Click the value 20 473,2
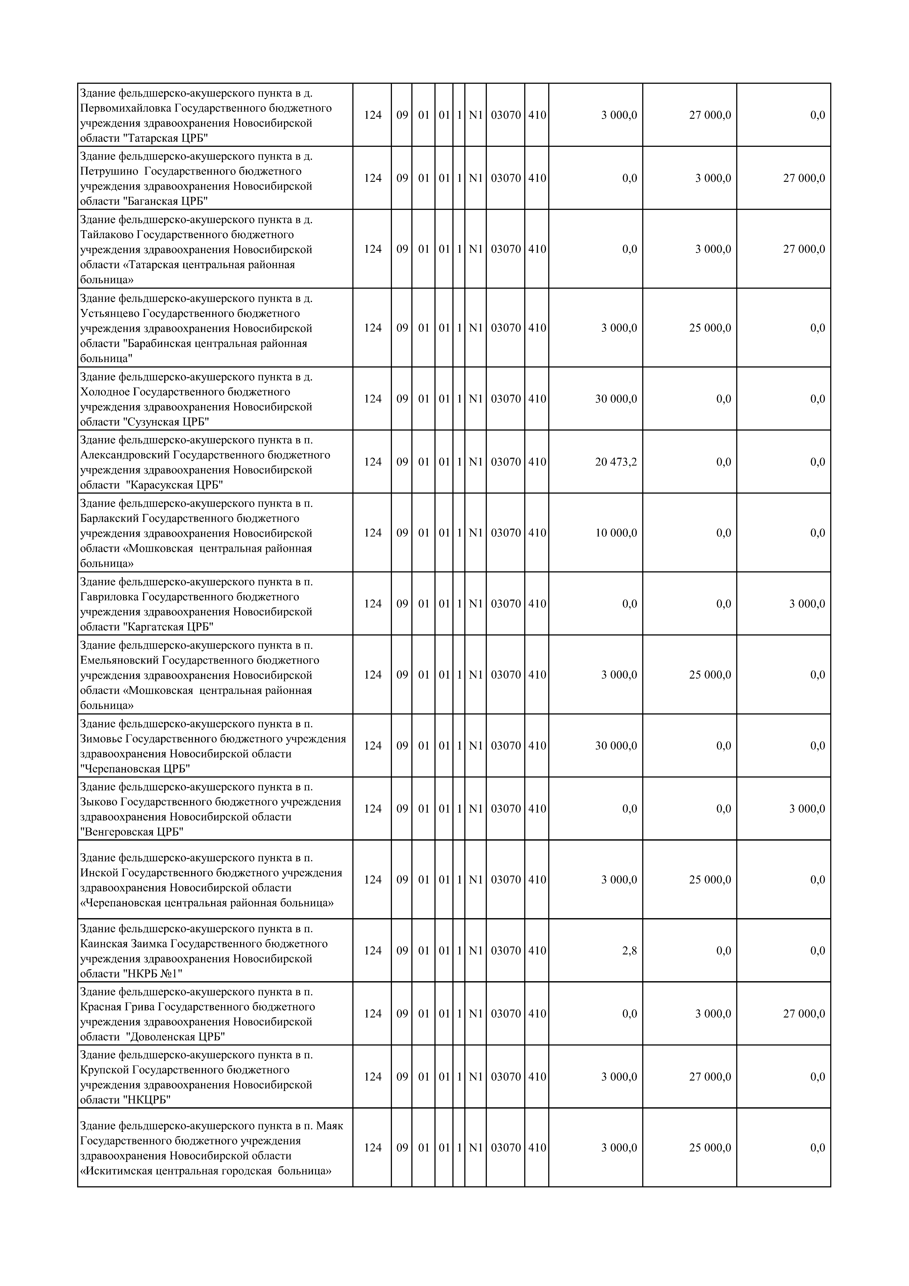(x=615, y=462)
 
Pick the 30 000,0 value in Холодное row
(x=615, y=399)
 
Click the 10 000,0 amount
(x=615, y=533)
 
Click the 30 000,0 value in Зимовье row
(x=615, y=745)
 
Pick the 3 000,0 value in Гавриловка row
(x=807, y=604)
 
